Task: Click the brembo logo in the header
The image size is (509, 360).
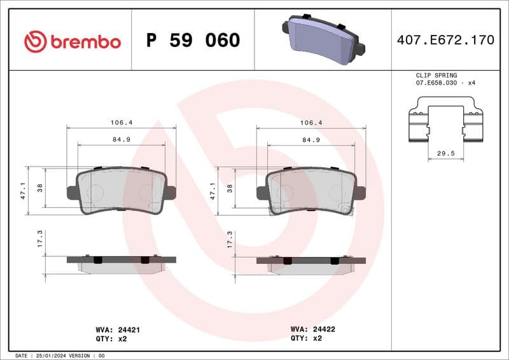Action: point(72,41)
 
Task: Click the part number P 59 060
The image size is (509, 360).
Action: point(193,41)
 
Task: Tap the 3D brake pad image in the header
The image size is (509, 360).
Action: point(323,38)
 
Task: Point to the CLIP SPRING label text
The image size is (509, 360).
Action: point(436,75)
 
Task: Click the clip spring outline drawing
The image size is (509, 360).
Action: point(445,121)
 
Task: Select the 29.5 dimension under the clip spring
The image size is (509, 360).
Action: point(445,153)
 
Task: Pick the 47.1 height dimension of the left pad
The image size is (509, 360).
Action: point(24,190)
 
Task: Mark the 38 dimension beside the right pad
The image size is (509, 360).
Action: point(230,188)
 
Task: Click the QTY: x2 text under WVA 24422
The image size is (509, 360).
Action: point(308,339)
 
